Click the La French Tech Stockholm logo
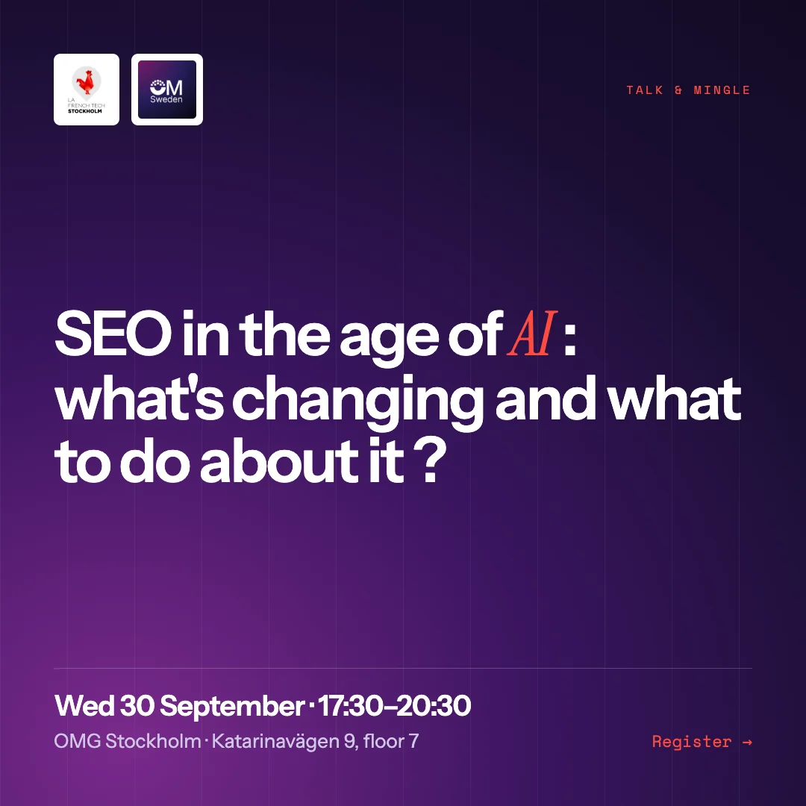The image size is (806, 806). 87,90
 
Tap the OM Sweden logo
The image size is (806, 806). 167,90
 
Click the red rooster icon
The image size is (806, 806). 86,82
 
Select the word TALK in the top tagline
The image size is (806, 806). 645,90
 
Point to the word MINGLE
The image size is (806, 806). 722,90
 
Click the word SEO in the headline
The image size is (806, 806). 113,334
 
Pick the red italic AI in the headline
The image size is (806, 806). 532,334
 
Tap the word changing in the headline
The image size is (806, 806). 357,402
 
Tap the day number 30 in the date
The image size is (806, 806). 137,706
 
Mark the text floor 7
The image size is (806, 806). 391,741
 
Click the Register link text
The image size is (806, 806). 691,743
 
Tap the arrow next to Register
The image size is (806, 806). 747,743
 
